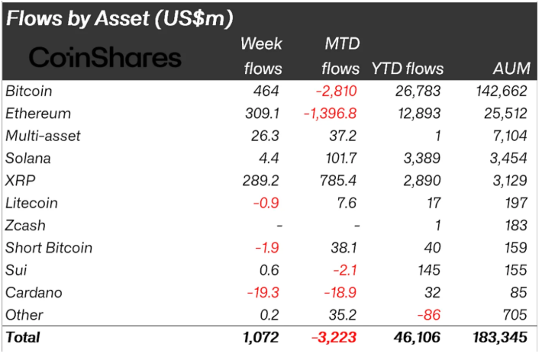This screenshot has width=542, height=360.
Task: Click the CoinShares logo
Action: point(105,56)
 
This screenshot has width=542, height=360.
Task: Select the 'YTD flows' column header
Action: point(407,68)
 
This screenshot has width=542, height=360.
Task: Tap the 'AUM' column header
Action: point(511,68)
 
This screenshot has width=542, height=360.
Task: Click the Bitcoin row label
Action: point(28,91)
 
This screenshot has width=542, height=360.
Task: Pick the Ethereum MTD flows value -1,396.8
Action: point(331,114)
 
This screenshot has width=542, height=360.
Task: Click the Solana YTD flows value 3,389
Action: point(424,158)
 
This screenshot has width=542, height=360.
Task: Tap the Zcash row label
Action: point(25,226)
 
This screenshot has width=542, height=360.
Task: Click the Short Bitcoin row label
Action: point(49,248)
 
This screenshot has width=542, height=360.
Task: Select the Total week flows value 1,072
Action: point(259,336)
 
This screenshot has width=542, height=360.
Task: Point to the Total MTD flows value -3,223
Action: point(334,336)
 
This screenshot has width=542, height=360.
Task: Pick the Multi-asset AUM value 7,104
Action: point(508,136)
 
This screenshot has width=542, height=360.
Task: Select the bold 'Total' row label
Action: point(23,336)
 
